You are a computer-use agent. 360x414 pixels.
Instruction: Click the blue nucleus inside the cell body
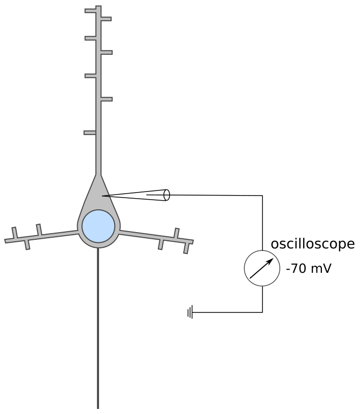click(99, 226)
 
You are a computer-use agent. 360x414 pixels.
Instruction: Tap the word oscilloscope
click(312, 244)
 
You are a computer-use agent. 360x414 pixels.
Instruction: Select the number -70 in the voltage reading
click(296, 268)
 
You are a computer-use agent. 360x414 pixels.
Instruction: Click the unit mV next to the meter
click(321, 268)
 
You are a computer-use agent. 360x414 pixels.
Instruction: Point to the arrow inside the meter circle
click(262, 268)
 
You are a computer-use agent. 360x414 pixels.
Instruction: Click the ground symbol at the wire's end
click(190, 312)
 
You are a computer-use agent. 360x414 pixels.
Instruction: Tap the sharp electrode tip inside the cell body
click(103, 196)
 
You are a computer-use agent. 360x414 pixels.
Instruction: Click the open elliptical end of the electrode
click(167, 195)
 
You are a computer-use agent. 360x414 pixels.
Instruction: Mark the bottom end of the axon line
click(98, 407)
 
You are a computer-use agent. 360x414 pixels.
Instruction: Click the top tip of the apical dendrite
click(98, 7)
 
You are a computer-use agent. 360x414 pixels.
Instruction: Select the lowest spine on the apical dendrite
click(90, 133)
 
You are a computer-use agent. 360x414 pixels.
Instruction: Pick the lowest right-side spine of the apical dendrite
click(106, 99)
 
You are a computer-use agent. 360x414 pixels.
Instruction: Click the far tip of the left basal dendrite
click(7, 240)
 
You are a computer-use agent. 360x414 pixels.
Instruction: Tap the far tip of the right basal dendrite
click(191, 241)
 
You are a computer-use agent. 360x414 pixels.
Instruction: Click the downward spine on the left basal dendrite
click(27, 245)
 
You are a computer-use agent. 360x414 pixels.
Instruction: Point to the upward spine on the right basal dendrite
click(176, 233)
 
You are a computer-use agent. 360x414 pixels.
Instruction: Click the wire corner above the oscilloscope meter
click(262, 196)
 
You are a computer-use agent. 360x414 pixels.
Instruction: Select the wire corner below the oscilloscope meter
click(262, 312)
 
